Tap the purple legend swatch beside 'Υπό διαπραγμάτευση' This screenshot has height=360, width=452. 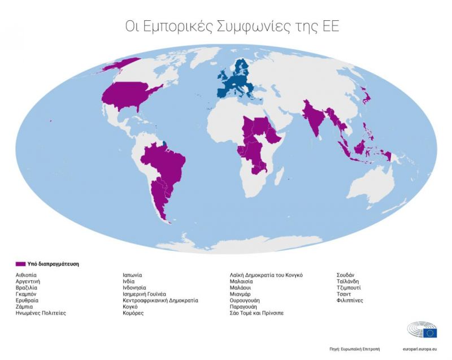[20, 263]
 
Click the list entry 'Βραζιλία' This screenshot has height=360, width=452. [27, 288]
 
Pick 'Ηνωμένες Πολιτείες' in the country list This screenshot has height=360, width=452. [41, 313]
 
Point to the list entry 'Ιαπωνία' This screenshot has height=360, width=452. [132, 275]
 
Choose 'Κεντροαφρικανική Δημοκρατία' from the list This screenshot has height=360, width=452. [160, 300]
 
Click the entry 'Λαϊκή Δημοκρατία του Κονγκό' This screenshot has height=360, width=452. [266, 275]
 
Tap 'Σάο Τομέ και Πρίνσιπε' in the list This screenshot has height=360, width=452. [257, 313]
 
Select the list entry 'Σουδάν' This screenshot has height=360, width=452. [345, 275]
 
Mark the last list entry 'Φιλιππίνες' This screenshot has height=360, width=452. [350, 300]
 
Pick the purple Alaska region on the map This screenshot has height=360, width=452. [116, 66]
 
